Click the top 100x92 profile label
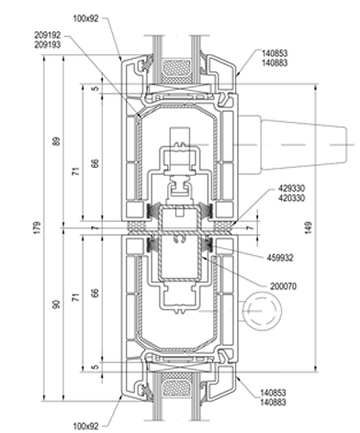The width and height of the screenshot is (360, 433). (85, 18)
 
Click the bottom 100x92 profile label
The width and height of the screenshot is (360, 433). (85, 426)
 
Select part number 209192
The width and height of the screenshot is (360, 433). (48, 35)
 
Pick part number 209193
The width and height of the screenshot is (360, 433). (48, 45)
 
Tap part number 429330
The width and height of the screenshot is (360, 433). (292, 188)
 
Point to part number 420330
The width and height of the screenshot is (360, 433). (292, 198)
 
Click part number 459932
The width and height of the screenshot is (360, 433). (280, 258)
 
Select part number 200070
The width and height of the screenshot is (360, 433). (284, 286)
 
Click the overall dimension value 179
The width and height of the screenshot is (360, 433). (37, 228)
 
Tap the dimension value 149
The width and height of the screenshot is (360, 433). (309, 228)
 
